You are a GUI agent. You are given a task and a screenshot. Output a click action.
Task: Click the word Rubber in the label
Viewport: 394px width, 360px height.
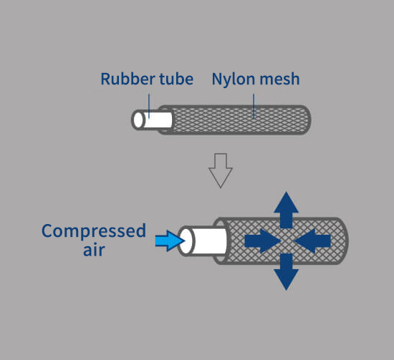click(128, 79)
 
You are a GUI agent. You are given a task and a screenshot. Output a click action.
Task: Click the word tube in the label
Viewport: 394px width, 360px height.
click(176, 79)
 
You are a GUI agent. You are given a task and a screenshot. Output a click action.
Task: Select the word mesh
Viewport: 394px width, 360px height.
click(279, 79)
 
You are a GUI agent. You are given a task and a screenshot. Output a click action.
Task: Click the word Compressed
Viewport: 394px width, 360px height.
click(94, 231)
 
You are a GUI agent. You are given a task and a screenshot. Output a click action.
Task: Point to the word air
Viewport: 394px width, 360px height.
click(94, 250)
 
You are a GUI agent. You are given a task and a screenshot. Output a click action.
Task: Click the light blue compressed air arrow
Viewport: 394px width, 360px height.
click(170, 240)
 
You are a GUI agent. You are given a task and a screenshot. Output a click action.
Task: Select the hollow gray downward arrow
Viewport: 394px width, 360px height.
click(221, 170)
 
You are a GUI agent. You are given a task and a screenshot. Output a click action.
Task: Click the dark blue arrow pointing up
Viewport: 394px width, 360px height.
click(287, 210)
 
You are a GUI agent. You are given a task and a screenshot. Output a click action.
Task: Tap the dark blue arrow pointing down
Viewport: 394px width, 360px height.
click(287, 272)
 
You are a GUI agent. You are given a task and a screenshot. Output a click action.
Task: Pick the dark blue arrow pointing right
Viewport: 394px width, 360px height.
click(263, 240)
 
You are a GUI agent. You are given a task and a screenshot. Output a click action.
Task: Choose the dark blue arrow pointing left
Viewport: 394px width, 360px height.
click(312, 240)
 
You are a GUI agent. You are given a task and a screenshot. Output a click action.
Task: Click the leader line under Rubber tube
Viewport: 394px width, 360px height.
click(149, 106)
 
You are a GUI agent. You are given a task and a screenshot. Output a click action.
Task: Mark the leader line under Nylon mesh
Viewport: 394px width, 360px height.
click(254, 106)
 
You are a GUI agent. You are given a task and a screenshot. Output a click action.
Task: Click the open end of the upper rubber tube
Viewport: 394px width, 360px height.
click(138, 120)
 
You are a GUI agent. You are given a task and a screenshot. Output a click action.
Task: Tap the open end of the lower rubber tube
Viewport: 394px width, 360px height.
click(186, 241)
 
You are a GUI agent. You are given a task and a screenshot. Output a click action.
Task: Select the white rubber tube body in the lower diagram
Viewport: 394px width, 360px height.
click(210, 241)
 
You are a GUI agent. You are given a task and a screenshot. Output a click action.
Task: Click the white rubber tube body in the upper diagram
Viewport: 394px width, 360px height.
click(158, 120)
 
